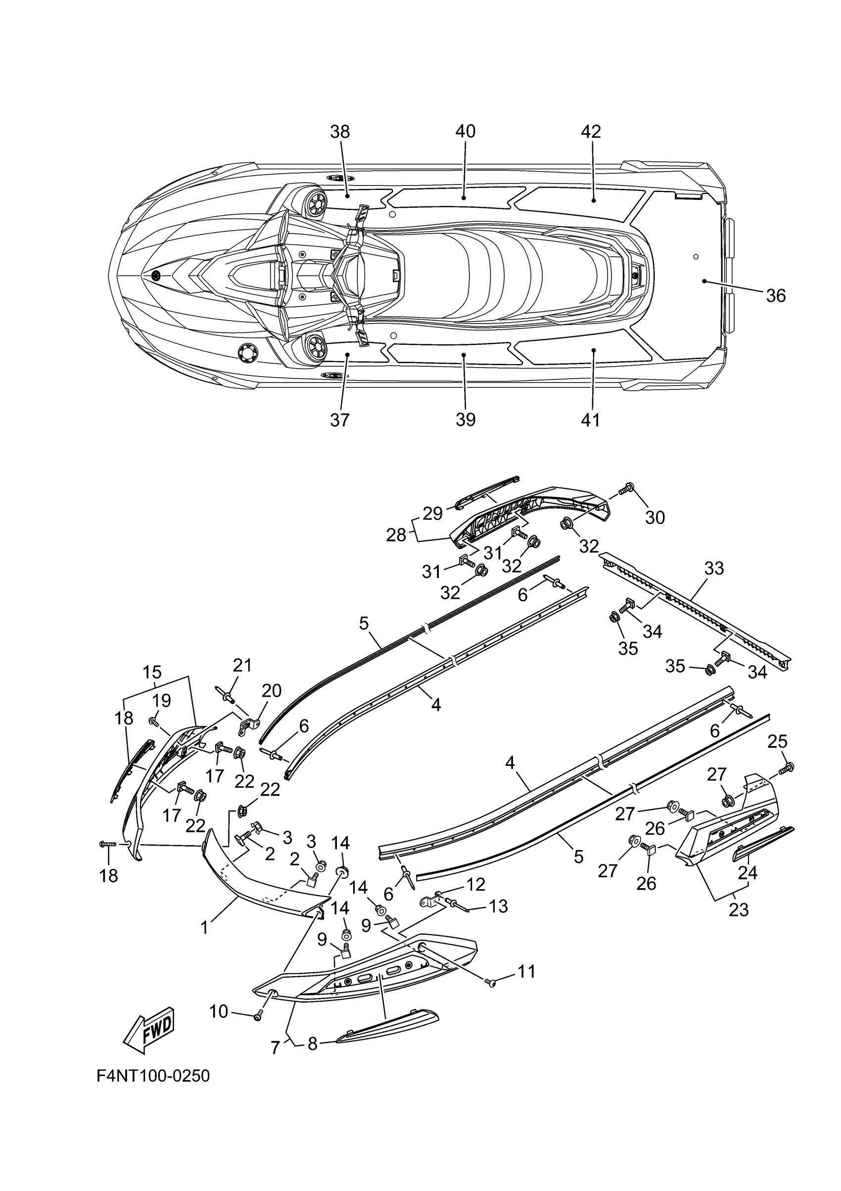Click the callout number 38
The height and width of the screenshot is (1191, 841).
340,132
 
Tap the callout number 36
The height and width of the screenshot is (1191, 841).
776,296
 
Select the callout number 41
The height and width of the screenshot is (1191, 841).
591,419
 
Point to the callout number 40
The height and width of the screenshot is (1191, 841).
465,132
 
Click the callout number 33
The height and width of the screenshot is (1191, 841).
714,569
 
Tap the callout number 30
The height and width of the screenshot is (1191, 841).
655,517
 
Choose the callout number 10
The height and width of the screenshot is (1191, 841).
219,1011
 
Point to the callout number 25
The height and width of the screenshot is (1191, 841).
777,742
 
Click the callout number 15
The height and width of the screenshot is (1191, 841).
152,672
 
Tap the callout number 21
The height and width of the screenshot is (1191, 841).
242,665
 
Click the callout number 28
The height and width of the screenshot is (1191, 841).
396,535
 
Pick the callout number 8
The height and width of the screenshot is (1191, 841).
312,1044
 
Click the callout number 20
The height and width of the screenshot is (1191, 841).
271,691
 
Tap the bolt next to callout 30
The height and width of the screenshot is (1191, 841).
627,488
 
